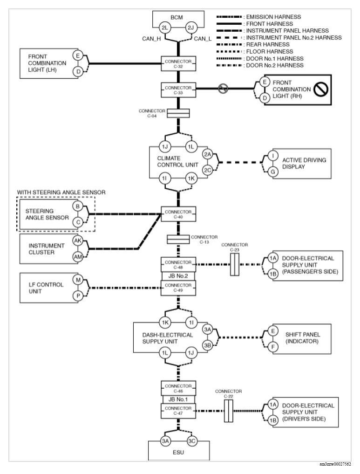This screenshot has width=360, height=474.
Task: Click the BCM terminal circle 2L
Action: pos(165,28)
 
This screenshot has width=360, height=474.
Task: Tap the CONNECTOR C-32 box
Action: pos(178,63)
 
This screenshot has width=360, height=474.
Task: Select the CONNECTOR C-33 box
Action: pos(178,90)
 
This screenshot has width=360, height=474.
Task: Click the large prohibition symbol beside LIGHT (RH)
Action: pos(321,89)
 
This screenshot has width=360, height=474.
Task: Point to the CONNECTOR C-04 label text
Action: pos(152,113)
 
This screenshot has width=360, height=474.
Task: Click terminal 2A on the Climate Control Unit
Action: pos(208,154)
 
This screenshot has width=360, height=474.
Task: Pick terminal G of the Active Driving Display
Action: pos(273,172)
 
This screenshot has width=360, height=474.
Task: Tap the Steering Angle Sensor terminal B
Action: pos(78,206)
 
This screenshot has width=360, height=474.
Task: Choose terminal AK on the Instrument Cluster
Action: pos(78,240)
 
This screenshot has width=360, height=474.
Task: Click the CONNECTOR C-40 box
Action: pos(178,214)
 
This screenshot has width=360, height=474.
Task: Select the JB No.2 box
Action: pos(178,276)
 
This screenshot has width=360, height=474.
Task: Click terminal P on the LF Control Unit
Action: pos(78,295)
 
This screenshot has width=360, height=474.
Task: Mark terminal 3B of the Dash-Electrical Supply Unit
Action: pos(208,345)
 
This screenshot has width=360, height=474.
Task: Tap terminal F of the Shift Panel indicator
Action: pos(273,347)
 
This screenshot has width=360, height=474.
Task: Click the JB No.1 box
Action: pos(178,399)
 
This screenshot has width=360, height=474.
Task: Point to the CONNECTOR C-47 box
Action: pos(178,411)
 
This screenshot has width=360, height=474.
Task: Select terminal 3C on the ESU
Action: pos(192,441)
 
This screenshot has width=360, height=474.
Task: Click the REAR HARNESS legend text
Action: pos(268,44)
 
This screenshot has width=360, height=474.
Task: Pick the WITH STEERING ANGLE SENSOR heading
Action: pos(61,192)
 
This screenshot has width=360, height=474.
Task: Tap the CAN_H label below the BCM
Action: pos(151,39)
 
